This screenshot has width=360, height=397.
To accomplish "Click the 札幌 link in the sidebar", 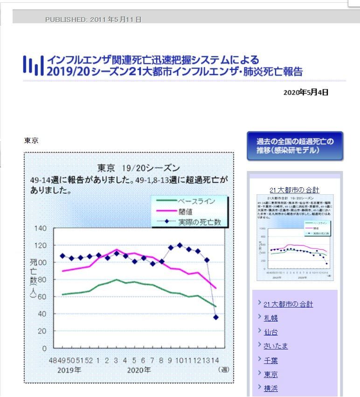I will coord(270,318).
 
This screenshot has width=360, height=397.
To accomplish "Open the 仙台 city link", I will coord(270,332).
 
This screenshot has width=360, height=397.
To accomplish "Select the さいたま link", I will coord(276,346).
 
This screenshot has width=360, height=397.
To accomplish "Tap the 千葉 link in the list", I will coord(270,360).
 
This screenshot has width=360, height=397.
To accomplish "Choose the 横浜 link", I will coord(270,388).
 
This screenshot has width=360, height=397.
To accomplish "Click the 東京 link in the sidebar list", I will coord(270,374).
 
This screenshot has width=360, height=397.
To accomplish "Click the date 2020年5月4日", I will coord(305,92).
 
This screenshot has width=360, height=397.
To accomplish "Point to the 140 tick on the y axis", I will coord(41,228).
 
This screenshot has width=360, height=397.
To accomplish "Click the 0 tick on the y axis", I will coord(45,348).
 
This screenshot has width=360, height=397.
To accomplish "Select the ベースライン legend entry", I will coord(196,201).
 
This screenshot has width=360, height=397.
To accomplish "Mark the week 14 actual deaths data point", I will coord(216,317).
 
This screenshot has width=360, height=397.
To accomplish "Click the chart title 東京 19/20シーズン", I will coord(138,168).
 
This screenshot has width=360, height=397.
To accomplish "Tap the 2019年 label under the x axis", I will coord(69,370).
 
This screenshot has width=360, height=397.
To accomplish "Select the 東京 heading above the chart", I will coord(31,140).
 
